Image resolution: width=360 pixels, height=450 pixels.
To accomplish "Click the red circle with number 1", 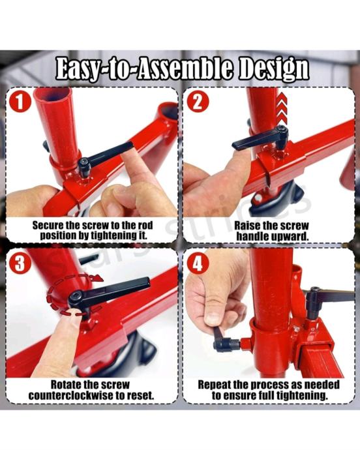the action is coord(20,102).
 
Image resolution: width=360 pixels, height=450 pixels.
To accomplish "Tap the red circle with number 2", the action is coord(198,102).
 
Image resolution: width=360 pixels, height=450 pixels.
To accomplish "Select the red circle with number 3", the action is coord(20,263).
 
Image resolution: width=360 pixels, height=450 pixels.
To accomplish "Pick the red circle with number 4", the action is coord(198,263).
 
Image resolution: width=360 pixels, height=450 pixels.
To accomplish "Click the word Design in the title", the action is coord(274,70).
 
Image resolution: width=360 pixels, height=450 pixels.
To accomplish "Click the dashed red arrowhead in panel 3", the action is coord(98,278).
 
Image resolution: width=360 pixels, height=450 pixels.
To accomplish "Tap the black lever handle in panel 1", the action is coord(106,157).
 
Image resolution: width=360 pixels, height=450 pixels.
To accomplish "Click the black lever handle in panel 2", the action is coord(260,138).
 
